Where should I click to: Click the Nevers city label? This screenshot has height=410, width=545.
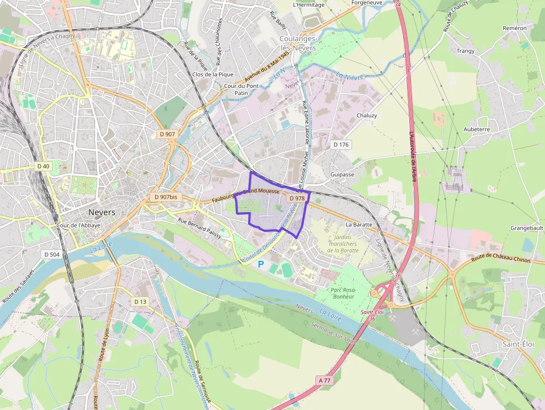tap(102, 213)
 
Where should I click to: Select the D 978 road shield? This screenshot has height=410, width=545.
tap(296, 198)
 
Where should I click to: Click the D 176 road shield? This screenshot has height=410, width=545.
tap(341, 145)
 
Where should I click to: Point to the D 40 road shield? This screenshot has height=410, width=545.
tap(43, 166)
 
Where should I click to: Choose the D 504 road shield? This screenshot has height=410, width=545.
tap(51, 254)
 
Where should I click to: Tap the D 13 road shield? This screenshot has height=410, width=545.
tap(140, 302)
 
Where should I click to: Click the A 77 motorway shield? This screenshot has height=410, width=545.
tap(325, 380)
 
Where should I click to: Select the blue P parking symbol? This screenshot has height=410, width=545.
tap(261, 264)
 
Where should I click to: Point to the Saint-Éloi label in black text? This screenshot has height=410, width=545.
tap(514, 344)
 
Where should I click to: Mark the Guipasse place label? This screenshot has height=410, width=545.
tap(342, 174)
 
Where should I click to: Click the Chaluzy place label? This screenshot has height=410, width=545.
tap(366, 116)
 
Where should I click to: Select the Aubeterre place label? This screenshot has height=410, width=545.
tap(477, 129)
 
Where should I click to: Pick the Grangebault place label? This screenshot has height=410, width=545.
tap(527, 228)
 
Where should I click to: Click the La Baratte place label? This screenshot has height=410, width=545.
tap(358, 225)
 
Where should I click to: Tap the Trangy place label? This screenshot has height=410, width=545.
tap(465, 51)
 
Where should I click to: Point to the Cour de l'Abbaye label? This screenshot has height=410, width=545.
tap(78, 225)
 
